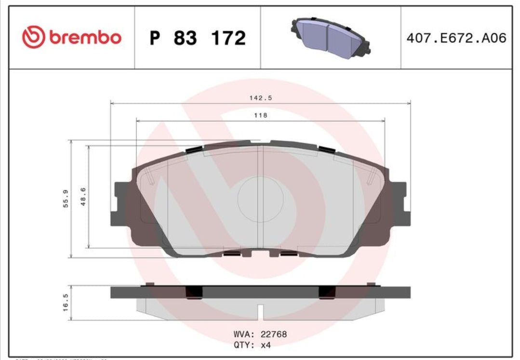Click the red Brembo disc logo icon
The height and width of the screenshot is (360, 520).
point(33,38)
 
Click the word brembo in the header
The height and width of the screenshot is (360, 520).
point(85,38)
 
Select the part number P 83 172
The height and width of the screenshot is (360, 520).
point(198,38)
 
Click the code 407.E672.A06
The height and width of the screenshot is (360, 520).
point(456,38)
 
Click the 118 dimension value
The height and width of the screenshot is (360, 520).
point(261,115)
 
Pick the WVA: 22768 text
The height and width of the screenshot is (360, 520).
point(260,334)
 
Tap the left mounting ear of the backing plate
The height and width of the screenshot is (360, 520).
point(120,203)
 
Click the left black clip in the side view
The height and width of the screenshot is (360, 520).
point(194,292)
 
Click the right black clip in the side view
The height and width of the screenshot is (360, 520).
point(327,292)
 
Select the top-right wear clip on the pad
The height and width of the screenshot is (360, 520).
point(327,149)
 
